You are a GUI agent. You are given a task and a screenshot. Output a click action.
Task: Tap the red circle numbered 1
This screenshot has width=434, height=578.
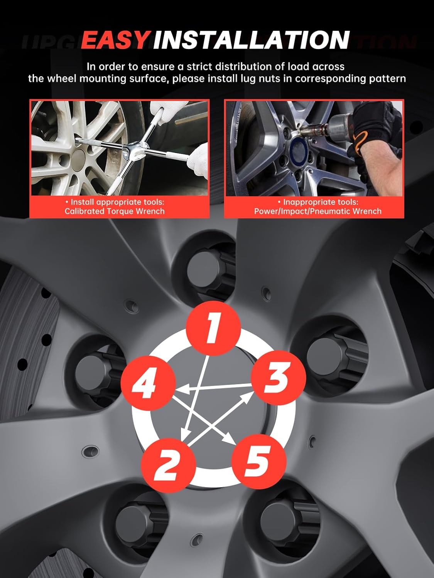click(213, 329)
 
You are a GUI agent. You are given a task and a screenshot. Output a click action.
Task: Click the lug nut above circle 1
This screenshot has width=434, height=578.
click(211, 269)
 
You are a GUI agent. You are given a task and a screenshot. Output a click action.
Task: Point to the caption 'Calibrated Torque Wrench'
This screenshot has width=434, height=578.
click(115, 211)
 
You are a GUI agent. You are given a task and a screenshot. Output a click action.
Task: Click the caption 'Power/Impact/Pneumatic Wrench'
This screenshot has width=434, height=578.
click(318, 211)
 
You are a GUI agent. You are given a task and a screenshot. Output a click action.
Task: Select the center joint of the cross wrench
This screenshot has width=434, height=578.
click(137, 149)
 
